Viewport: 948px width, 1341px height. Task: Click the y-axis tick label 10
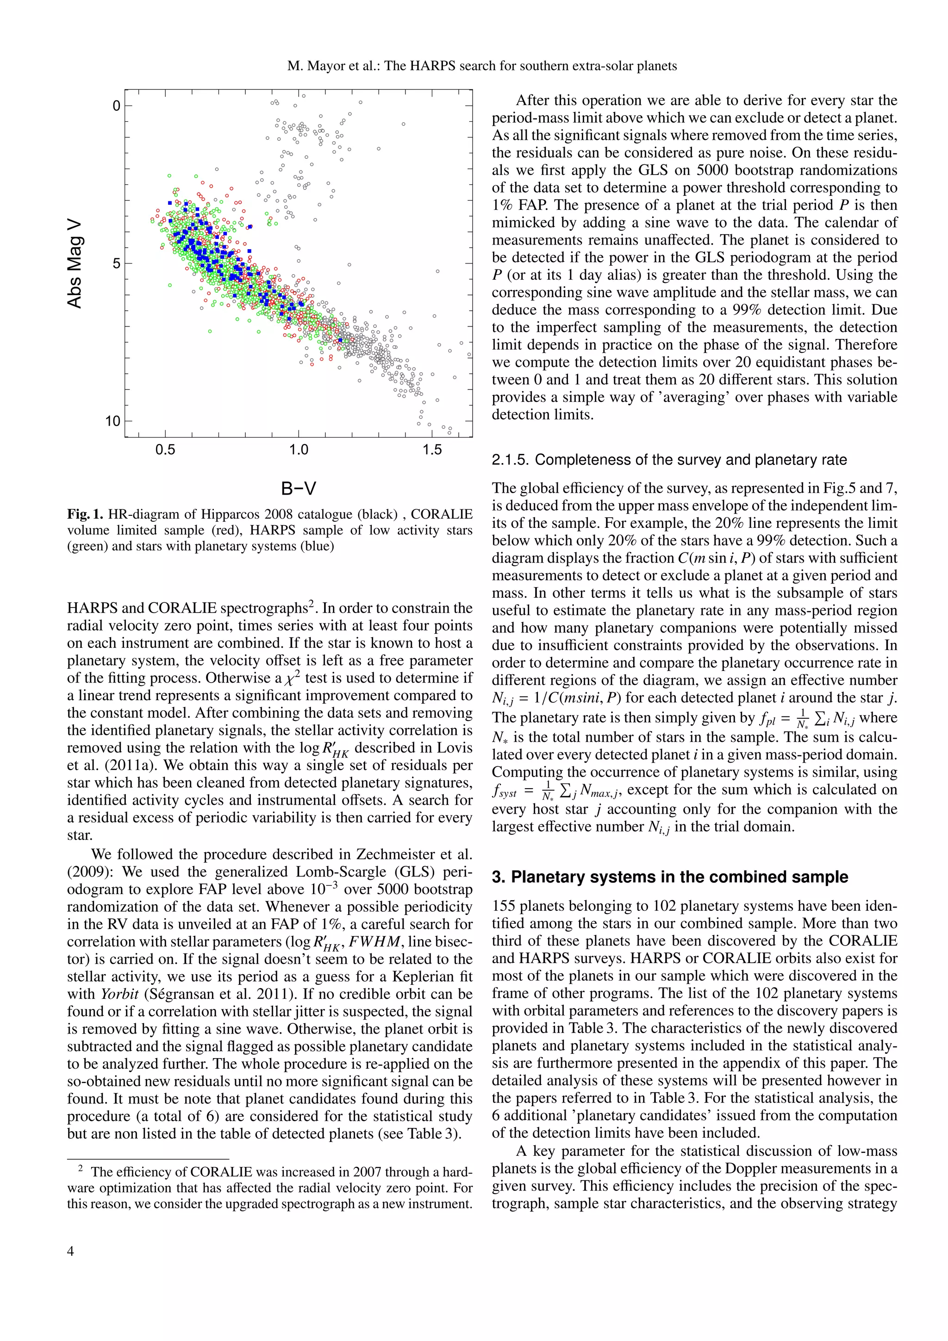112,420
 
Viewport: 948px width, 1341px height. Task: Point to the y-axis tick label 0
116,106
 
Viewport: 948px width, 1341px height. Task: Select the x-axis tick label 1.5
432,450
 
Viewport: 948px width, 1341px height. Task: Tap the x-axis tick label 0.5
165,450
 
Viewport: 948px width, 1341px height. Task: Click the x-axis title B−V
298,488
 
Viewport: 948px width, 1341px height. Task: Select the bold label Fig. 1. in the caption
85,514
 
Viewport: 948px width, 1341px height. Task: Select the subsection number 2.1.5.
510,460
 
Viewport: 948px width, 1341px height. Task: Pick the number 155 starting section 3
503,906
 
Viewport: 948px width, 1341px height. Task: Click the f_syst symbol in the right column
504,791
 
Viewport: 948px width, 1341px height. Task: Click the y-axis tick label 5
116,263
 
